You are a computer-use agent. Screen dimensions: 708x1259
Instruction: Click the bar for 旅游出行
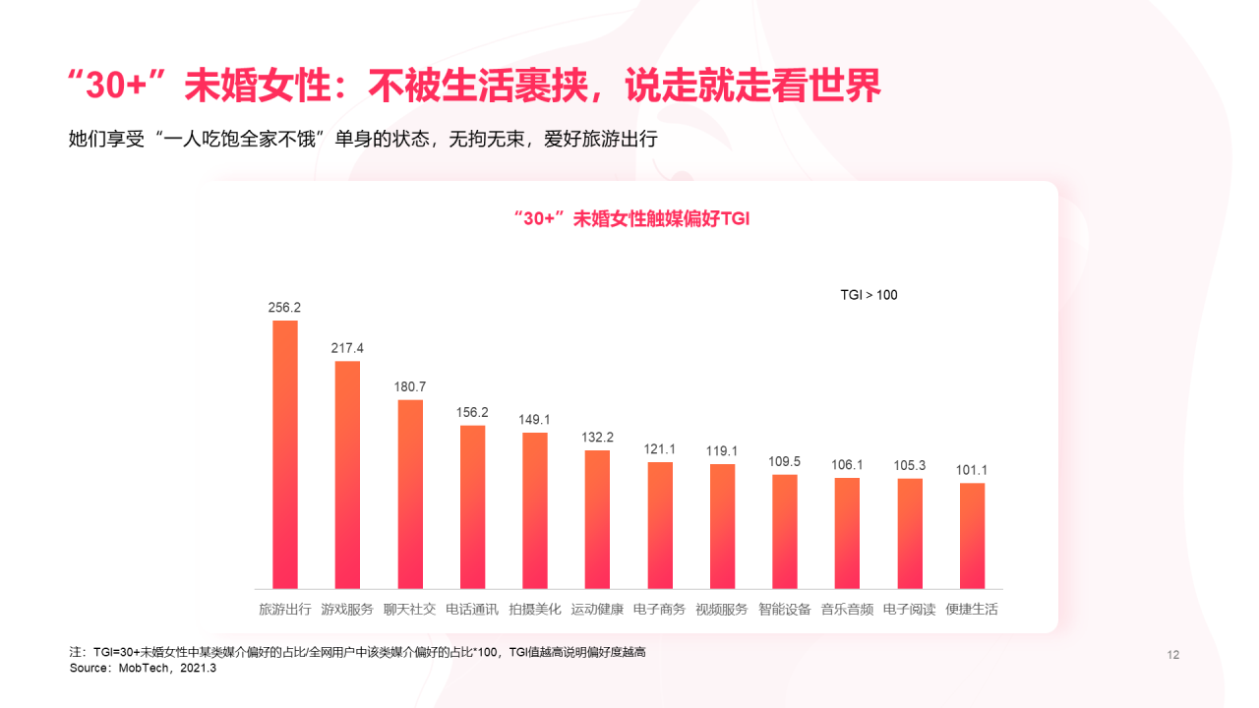pos(285,454)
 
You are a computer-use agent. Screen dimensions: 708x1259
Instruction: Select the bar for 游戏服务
pos(347,475)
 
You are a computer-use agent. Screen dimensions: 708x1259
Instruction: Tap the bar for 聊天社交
pos(410,494)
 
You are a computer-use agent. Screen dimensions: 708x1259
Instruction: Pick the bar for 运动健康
pos(597,519)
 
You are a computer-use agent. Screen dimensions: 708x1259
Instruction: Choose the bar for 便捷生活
pos(972,536)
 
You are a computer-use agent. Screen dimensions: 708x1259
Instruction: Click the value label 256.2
pos(284,308)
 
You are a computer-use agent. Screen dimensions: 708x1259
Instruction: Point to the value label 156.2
pos(472,412)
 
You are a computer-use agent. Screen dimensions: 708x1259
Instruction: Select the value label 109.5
pos(785,461)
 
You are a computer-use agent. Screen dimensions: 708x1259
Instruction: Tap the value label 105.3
pos(910,465)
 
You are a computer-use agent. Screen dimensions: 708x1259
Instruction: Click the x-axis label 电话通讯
pos(472,610)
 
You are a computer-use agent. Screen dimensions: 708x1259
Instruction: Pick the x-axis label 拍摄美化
pos(535,610)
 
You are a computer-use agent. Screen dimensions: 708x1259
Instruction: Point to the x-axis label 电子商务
pos(660,610)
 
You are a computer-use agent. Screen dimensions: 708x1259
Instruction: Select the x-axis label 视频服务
pos(722,610)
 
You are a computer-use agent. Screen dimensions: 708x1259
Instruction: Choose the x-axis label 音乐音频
pos(847,610)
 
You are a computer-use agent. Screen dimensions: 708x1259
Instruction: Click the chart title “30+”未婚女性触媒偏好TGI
pos(631,218)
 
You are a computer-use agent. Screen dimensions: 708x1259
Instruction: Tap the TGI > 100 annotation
pos(869,295)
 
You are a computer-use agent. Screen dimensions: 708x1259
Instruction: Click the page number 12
pos(1172,656)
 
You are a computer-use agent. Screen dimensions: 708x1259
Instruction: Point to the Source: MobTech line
pos(143,669)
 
